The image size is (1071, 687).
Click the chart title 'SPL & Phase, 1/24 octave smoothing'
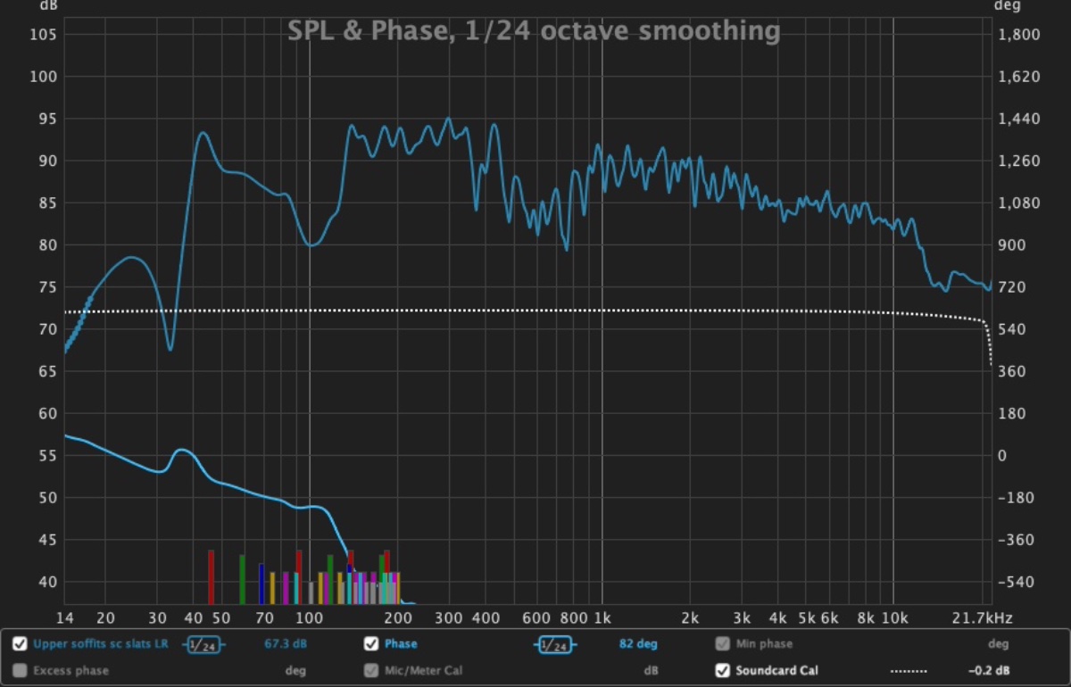[x=534, y=31]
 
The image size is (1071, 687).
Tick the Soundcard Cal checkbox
[x=723, y=670]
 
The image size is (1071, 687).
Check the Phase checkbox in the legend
[x=371, y=643]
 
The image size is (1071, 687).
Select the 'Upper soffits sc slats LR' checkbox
[x=20, y=643]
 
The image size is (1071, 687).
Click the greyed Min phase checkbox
[x=723, y=643]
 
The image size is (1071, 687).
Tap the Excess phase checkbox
[x=20, y=670]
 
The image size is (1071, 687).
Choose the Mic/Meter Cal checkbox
[x=371, y=670]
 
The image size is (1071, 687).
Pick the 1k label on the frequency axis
[x=602, y=617]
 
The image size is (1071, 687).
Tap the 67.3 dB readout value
[x=286, y=643]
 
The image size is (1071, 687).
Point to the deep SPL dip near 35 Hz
[x=170, y=349]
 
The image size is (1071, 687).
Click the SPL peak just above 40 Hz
[x=203, y=133]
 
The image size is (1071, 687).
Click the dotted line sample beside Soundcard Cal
[x=909, y=670]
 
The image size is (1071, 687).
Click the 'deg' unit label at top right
[x=1004, y=6]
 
